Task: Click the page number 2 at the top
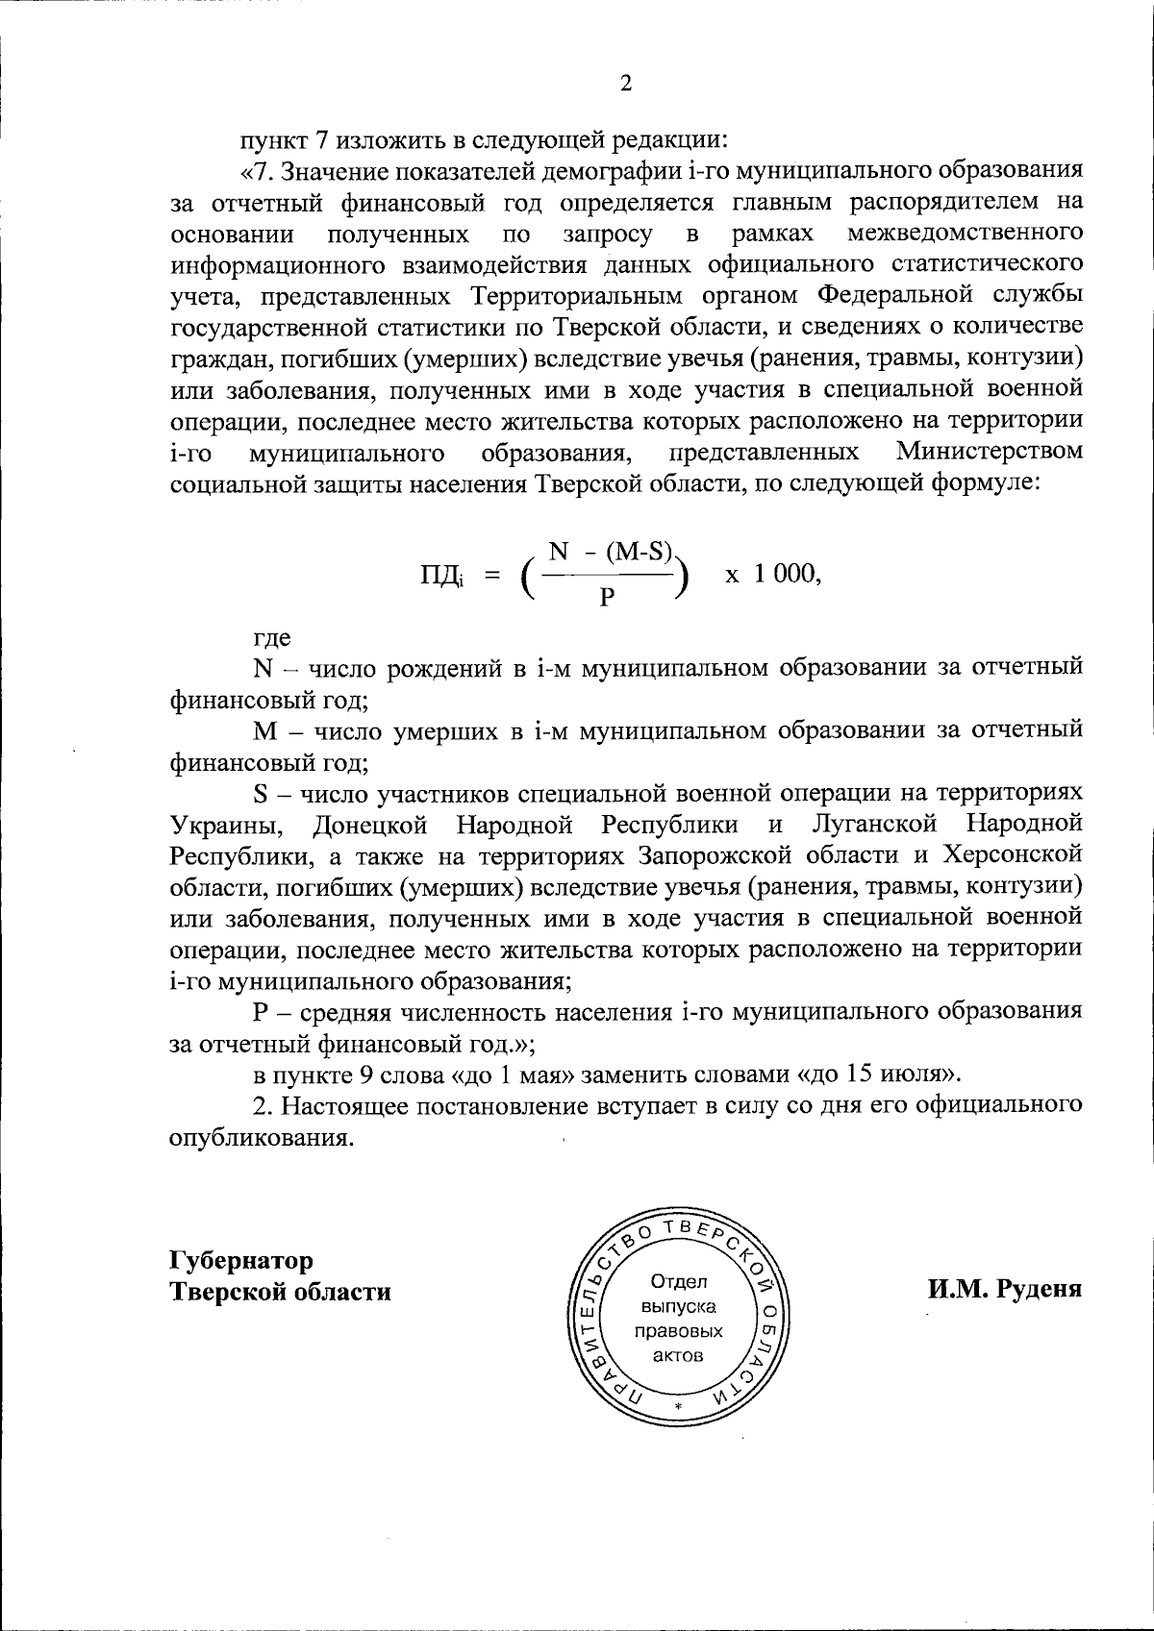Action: click(x=625, y=84)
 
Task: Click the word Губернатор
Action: click(x=241, y=1259)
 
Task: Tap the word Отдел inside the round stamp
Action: click(x=679, y=1281)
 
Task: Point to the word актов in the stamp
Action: click(x=679, y=1356)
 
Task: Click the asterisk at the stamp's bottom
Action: click(x=679, y=1408)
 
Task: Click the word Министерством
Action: click(x=989, y=452)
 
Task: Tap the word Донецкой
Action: click(x=369, y=825)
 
